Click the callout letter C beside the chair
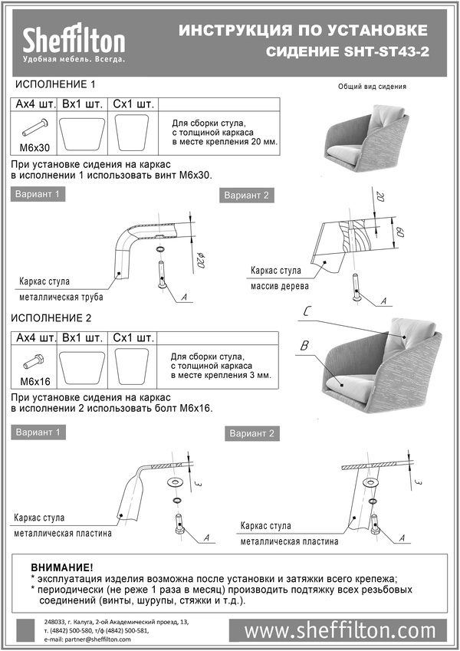coord(307,311)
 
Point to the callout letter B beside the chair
coord(304,347)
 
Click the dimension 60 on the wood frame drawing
coord(400,230)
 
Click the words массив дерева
coord(280,287)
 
